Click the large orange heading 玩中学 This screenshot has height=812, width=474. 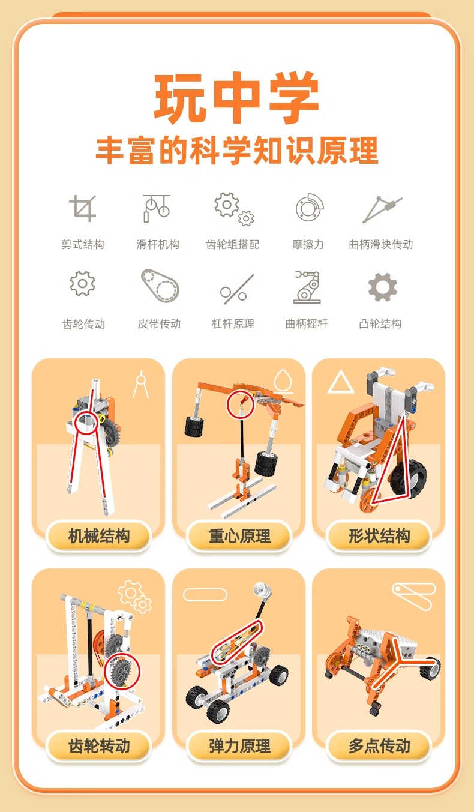(x=237, y=97)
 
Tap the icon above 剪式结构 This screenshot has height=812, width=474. (x=83, y=208)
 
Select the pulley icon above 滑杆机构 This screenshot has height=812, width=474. (x=157, y=208)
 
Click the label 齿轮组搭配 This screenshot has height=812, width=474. (x=233, y=244)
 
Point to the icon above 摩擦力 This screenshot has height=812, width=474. (x=309, y=208)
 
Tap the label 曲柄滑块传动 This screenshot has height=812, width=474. (x=381, y=244)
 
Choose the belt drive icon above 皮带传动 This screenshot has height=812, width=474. (x=160, y=285)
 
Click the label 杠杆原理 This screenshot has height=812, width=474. (x=233, y=323)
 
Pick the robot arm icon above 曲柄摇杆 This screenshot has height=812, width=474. (x=307, y=286)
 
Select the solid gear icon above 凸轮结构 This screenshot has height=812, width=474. (x=383, y=287)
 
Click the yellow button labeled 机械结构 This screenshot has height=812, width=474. (x=98, y=536)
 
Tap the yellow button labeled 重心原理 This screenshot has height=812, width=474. (x=239, y=536)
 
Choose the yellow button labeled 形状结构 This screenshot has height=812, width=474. (x=379, y=536)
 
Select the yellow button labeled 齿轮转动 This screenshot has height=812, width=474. (x=98, y=747)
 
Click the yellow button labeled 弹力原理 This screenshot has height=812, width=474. (x=239, y=747)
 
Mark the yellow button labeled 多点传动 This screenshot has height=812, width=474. (x=379, y=747)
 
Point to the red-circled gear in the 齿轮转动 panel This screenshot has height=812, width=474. (x=122, y=671)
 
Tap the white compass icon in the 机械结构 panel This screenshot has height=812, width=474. (x=141, y=384)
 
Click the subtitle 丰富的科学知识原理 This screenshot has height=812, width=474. (x=237, y=151)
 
